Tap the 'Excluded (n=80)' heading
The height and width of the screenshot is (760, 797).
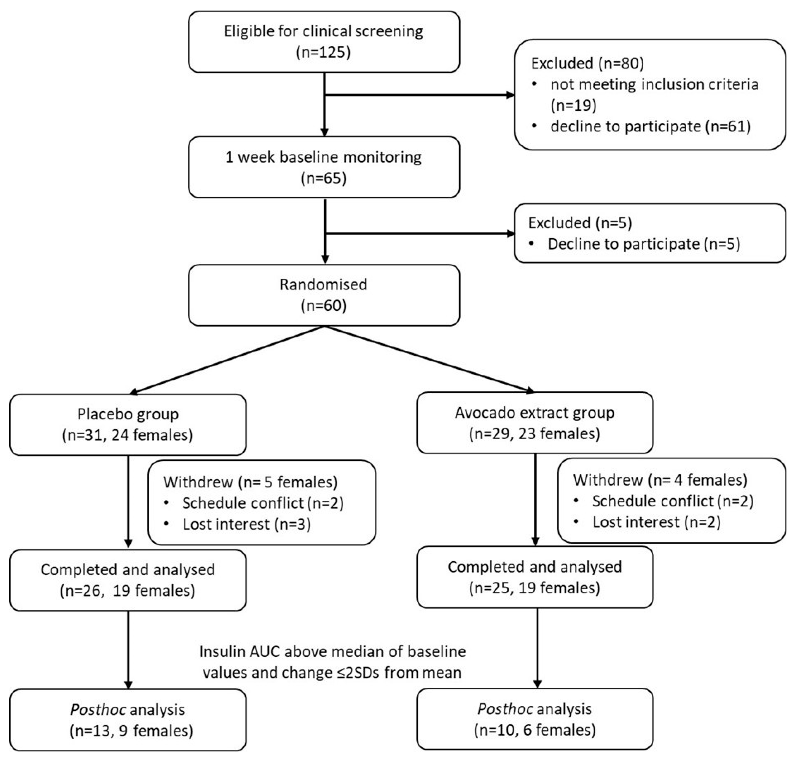(x=587, y=63)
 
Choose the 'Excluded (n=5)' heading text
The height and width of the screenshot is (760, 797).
(x=580, y=223)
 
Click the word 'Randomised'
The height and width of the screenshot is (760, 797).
(x=323, y=284)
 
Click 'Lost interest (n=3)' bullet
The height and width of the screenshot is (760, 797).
(x=246, y=524)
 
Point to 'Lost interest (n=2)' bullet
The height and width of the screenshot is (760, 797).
(x=656, y=522)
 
